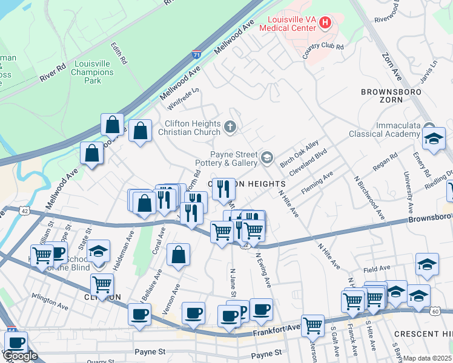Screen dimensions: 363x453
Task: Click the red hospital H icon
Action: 326,24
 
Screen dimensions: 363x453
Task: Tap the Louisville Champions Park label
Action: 93,72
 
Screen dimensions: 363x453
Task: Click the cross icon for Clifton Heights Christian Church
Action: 230,127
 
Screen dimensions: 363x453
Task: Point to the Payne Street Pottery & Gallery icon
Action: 267,159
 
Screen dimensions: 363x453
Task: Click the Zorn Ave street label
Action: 391,66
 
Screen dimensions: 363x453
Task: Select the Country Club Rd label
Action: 323,51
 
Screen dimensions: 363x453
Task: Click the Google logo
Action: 20,356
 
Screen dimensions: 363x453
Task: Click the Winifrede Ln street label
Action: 184,97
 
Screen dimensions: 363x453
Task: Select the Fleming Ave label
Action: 319,179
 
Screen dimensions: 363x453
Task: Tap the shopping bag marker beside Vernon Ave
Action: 178,257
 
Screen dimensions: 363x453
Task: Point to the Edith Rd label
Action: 119,53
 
